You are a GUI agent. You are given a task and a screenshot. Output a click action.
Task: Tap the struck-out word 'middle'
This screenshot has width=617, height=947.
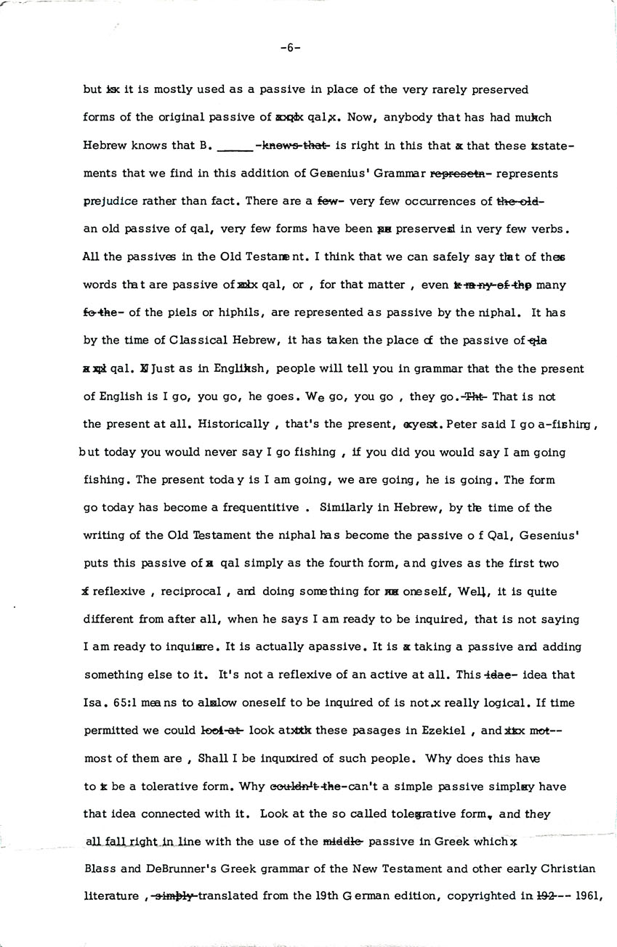(x=342, y=842)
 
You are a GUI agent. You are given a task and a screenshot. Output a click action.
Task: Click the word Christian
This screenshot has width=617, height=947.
(x=570, y=869)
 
